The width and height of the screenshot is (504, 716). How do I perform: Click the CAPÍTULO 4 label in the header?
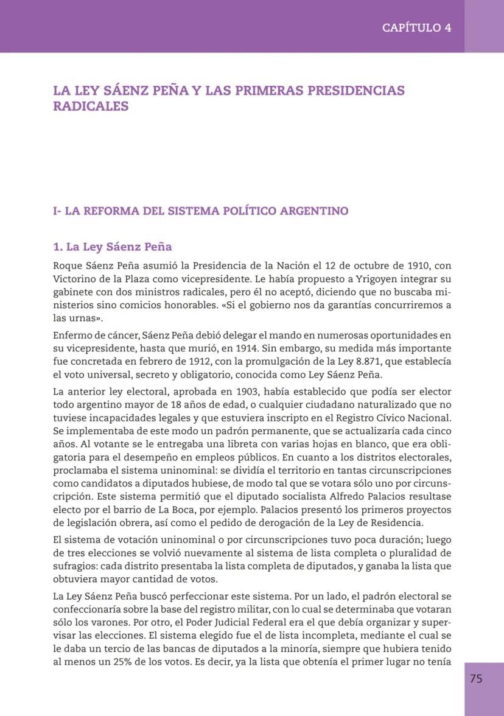[x=416, y=27]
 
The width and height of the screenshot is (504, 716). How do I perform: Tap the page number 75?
[x=476, y=678]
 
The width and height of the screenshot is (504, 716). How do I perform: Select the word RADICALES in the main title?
[x=91, y=106]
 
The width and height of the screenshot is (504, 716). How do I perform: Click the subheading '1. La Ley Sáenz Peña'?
[x=113, y=247]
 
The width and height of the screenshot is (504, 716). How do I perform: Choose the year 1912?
[x=193, y=362]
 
